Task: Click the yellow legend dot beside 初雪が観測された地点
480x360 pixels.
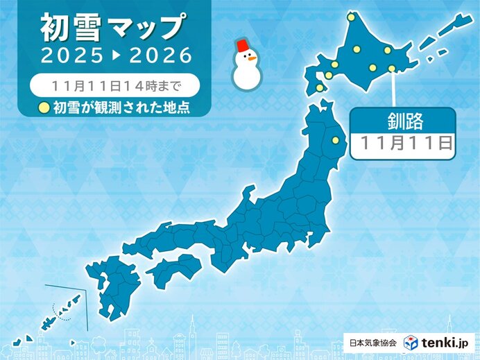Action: click(x=44, y=107)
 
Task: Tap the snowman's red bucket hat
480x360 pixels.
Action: click(x=244, y=46)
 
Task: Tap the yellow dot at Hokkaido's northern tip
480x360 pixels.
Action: click(x=351, y=17)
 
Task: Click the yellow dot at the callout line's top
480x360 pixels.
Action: click(x=392, y=68)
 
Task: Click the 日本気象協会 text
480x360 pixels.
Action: click(x=372, y=343)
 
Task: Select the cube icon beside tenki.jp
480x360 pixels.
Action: click(x=411, y=342)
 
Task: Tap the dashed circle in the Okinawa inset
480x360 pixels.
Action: click(x=63, y=318)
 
